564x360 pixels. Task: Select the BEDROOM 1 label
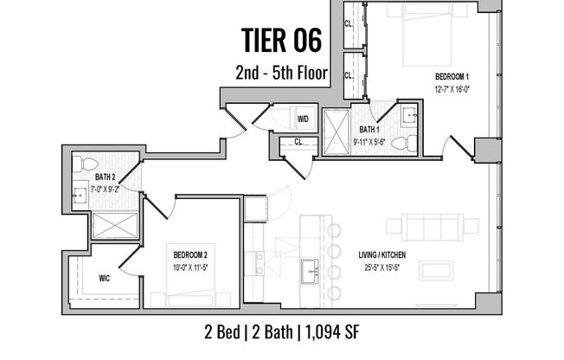pyautogui.click(x=452, y=76)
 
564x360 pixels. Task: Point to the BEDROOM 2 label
pyautogui.click(x=189, y=254)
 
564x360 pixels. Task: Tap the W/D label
pyautogui.click(x=304, y=119)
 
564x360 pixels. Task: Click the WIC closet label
pyautogui.click(x=105, y=279)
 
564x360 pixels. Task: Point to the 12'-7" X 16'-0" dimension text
pyautogui.click(x=452, y=88)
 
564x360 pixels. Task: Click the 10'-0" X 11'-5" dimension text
pyautogui.click(x=189, y=267)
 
